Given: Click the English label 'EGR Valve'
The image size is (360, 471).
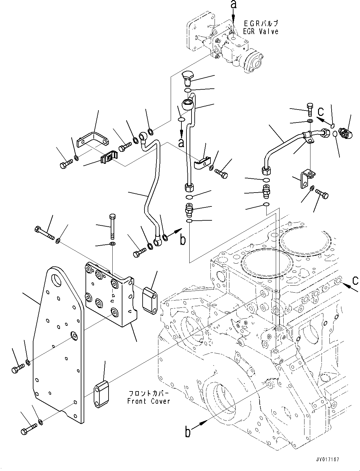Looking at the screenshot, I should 261,31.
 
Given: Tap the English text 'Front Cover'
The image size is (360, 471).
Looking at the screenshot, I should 149,401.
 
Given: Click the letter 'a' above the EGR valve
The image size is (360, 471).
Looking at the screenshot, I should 233,4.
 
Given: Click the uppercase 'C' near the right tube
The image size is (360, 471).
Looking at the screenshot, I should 321,112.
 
